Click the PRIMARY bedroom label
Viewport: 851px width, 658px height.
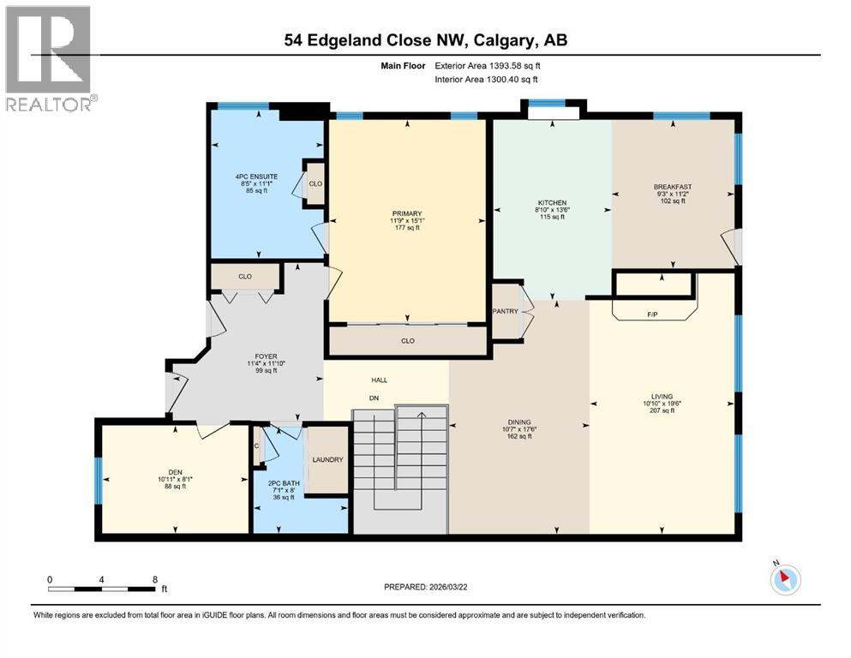[x=408, y=214]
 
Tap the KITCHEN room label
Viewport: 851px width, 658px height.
[x=551, y=202]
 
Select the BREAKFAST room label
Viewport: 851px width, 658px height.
[x=672, y=187]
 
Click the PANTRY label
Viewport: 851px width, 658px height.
[x=506, y=311]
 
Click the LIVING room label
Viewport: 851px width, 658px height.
[x=662, y=396]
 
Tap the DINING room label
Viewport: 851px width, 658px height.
[x=518, y=422]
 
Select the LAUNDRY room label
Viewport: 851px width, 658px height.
[x=327, y=460]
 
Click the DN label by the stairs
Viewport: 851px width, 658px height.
[x=374, y=398]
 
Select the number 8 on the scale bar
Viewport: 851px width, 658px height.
[x=153, y=580]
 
